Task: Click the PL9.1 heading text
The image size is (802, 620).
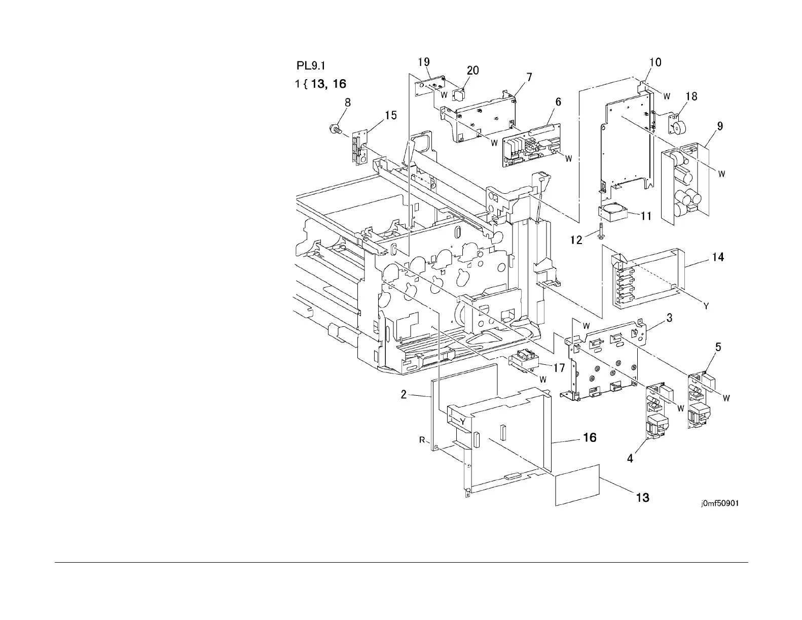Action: click(x=310, y=66)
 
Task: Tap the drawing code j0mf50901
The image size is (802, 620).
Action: click(x=719, y=504)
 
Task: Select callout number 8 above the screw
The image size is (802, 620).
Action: click(x=347, y=102)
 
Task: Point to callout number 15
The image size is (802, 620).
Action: click(x=390, y=116)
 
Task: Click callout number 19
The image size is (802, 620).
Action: click(x=424, y=62)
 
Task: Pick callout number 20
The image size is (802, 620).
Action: click(x=472, y=71)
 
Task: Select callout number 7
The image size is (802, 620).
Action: click(x=529, y=77)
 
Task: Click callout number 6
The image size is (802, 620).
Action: click(x=558, y=102)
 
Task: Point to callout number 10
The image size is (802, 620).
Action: click(x=655, y=62)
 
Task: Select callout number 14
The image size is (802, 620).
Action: click(x=717, y=257)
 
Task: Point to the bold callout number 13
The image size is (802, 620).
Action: click(x=642, y=497)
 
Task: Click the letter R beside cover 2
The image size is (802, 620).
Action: click(x=422, y=440)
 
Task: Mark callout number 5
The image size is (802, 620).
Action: click(x=718, y=347)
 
